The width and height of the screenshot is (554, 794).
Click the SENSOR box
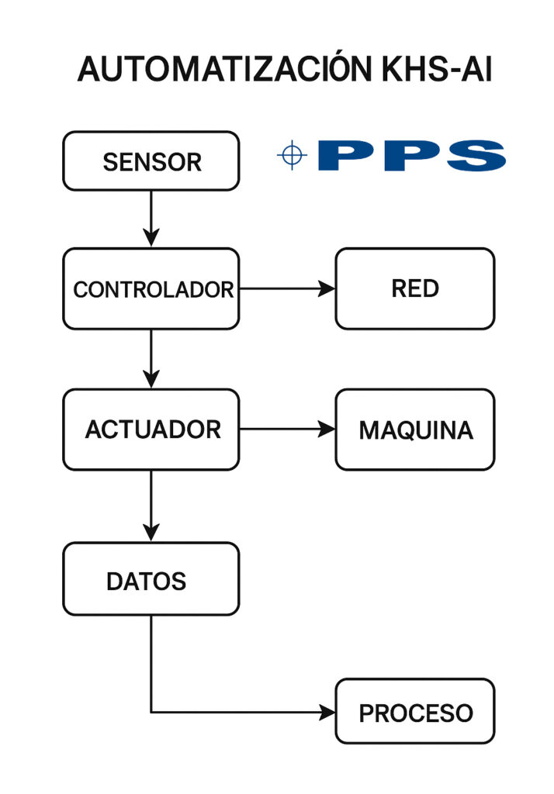point(151,161)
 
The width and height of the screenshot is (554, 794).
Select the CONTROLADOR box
point(151,288)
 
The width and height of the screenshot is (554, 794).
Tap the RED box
point(414,288)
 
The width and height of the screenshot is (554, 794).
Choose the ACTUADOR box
point(151,429)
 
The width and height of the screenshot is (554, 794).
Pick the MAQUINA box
point(414,429)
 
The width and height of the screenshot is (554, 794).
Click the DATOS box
point(151,579)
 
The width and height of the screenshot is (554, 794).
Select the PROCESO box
point(414,711)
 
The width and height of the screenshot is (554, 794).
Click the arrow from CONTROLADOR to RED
point(286,288)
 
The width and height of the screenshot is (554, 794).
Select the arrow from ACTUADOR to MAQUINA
point(286,429)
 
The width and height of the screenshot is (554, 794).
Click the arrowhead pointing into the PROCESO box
point(327,711)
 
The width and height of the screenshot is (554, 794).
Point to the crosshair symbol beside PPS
point(292,156)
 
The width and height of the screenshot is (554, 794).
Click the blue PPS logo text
point(411,156)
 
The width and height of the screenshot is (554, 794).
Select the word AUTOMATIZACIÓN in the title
point(224,70)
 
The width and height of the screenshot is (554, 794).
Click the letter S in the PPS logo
point(473,156)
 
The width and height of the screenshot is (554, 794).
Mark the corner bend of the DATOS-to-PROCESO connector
point(151,711)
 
